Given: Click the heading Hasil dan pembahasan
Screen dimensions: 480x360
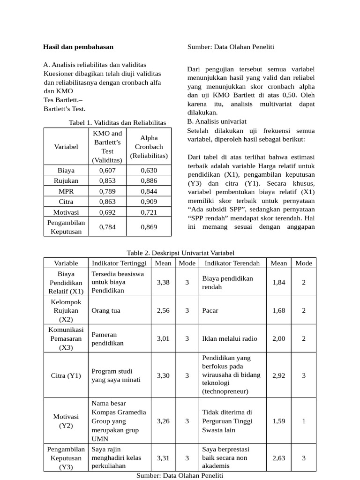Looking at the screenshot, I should click(78, 47).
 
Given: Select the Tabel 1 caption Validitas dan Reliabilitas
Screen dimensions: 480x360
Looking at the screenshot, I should click(117, 122).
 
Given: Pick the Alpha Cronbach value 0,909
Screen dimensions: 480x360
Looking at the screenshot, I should click(149, 202).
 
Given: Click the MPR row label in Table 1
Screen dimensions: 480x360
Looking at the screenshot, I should click(66, 191).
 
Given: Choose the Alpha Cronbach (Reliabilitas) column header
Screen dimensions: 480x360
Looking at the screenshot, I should click(149, 147).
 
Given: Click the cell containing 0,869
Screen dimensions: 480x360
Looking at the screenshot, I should click(149, 227).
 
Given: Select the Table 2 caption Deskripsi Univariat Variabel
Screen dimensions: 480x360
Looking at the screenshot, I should click(180, 253).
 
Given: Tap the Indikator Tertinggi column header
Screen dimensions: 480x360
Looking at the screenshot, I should click(119, 263).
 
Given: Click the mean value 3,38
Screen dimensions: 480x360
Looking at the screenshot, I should click(163, 282).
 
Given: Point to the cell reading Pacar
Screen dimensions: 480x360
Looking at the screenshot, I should click(210, 310).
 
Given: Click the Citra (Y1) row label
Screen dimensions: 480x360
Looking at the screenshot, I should click(66, 375).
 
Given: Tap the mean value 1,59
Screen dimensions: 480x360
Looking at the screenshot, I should click(278, 421).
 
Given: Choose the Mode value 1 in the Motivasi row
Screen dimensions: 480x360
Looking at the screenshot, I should click(304, 421).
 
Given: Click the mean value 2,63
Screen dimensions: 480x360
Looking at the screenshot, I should click(278, 458).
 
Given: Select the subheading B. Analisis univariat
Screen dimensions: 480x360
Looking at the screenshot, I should click(217, 121).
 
